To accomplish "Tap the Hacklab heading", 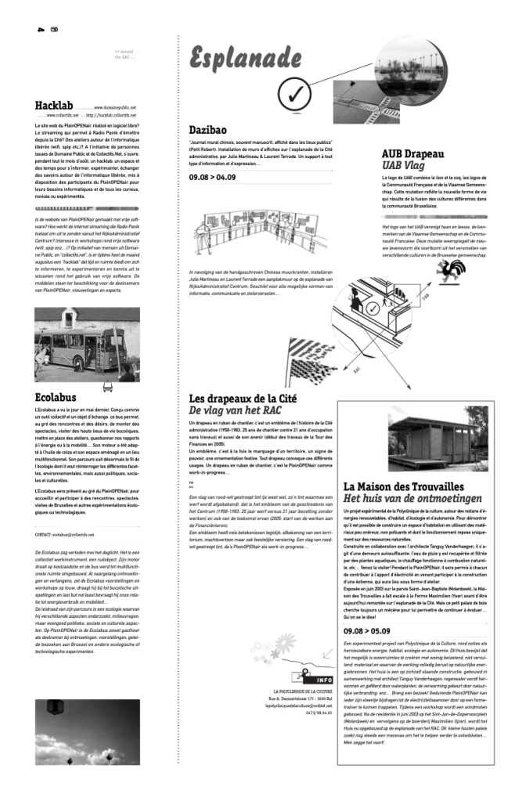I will click(53, 106).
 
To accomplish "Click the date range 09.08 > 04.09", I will click(212, 178).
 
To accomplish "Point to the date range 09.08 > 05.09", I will click(368, 651).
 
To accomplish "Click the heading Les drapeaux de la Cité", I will click(243, 398).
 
